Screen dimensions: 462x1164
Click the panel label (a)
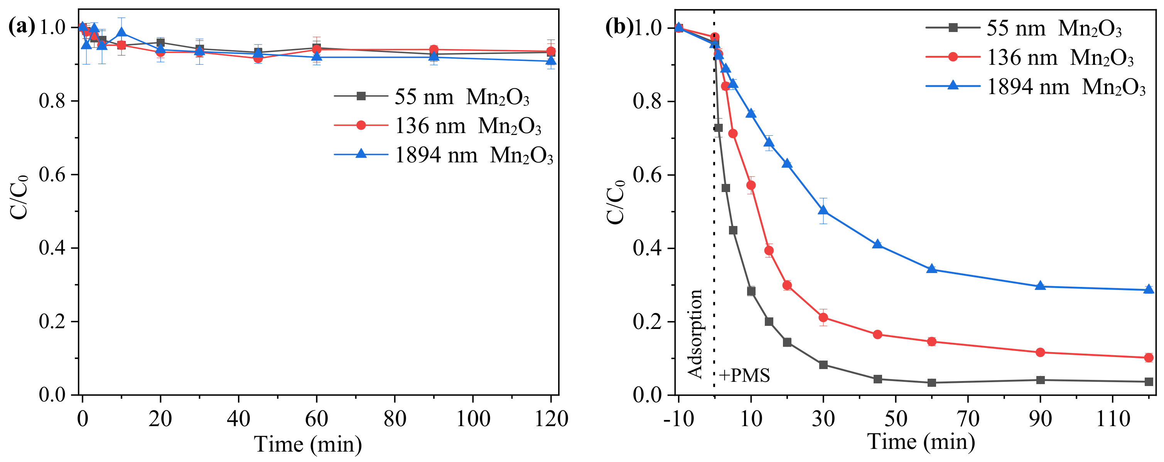[x=21, y=27]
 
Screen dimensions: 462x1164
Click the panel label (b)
[x=619, y=27]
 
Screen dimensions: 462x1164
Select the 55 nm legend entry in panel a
[x=432, y=97]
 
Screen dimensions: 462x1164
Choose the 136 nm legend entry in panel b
[x=1030, y=57]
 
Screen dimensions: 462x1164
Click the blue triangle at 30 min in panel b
[x=823, y=211]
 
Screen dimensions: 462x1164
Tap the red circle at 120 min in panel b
[x=1149, y=357]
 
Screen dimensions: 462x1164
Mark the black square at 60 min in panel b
[x=932, y=383]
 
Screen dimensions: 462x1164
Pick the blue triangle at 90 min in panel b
[x=1040, y=286]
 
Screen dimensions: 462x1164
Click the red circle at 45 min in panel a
[x=258, y=58]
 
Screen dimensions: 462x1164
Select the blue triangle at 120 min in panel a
[x=551, y=61]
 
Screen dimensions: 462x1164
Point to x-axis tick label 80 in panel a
[x=395, y=419]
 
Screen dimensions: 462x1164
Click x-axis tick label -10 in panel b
[x=678, y=419]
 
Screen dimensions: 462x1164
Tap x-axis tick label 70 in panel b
[x=968, y=419]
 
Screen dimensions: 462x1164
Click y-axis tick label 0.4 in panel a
[x=53, y=248]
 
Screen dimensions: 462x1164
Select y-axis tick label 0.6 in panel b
[x=647, y=175]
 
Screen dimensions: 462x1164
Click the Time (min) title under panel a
[x=308, y=444]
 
